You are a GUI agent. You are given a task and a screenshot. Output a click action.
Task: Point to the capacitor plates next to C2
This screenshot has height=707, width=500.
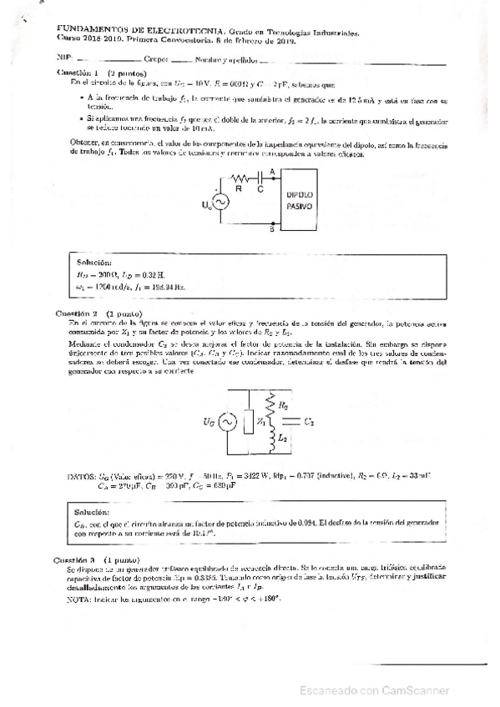(297, 423)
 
